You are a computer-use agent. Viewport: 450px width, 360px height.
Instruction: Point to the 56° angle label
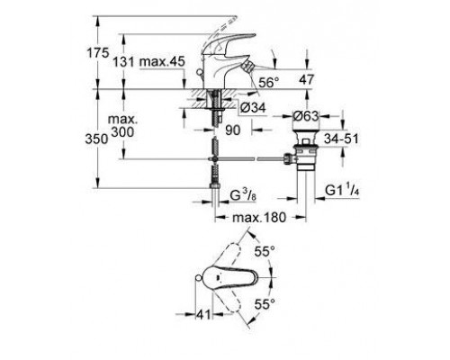point(267,81)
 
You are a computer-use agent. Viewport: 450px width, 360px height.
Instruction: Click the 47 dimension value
point(307,79)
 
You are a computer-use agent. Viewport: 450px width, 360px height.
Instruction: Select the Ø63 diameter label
point(307,116)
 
